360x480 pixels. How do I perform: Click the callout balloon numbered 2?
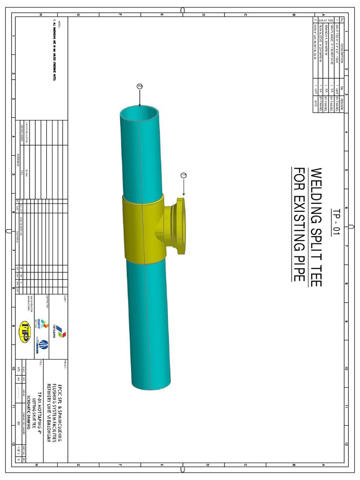pyautogui.click(x=139, y=86)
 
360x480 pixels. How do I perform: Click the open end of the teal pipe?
pyautogui.click(x=140, y=115)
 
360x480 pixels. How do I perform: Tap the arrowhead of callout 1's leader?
pyautogui.click(x=184, y=195)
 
